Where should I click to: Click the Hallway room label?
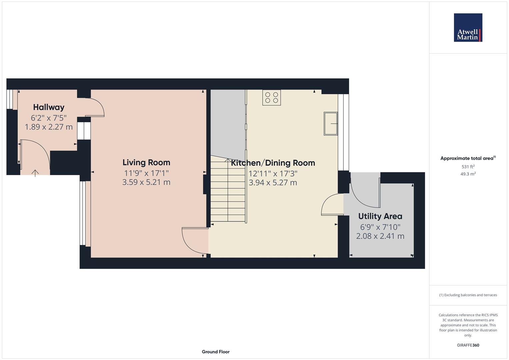tap(49, 107)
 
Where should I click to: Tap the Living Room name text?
tap(146, 163)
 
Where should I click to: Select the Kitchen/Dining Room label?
tap(273, 163)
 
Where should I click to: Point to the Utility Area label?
tap(380, 216)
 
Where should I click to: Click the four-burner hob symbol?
tap(272, 97)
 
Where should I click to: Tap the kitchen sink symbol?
tap(331, 124)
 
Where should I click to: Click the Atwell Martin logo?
tap(468, 27)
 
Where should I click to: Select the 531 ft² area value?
tap(468, 167)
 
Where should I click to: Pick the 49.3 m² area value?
tap(468, 174)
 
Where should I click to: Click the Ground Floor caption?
tap(216, 352)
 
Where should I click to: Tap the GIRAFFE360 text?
tap(468, 345)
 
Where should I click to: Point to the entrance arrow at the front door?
tap(35, 173)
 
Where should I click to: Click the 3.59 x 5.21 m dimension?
tap(146, 182)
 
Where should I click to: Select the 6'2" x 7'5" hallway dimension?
tap(49, 118)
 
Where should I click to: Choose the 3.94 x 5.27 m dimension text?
tap(273, 183)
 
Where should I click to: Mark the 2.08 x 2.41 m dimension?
tap(380, 236)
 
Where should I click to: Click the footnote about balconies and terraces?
tap(468, 295)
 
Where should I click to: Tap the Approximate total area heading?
tap(468, 158)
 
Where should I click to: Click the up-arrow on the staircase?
tap(228, 160)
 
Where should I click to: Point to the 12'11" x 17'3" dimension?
tap(273, 174)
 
